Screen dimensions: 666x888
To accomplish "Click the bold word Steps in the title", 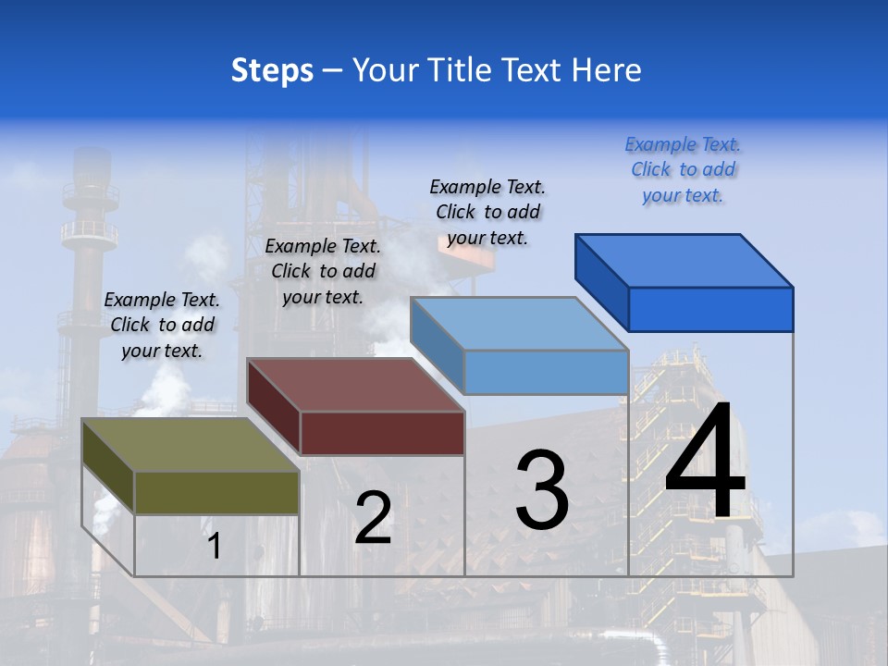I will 272,70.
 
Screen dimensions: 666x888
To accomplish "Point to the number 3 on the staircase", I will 541,490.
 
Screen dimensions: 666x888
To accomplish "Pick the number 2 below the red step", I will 373,518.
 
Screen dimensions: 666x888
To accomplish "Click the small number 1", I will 215,546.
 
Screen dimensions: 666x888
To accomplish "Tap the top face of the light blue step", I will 518,324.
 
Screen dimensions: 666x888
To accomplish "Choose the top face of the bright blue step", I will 684,260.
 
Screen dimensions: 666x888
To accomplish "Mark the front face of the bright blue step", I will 710,309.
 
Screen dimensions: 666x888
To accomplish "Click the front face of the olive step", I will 216,492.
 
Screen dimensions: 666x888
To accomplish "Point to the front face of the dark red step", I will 381,433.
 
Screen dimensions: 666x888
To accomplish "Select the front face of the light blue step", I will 546,372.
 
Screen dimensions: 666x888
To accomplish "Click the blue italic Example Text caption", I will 683,169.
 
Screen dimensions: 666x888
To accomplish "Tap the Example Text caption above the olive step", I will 162,325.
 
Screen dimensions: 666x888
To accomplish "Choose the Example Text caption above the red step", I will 323,271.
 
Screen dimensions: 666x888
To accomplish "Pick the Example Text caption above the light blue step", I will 487,212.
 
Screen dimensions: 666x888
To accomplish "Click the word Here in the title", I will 606,70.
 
